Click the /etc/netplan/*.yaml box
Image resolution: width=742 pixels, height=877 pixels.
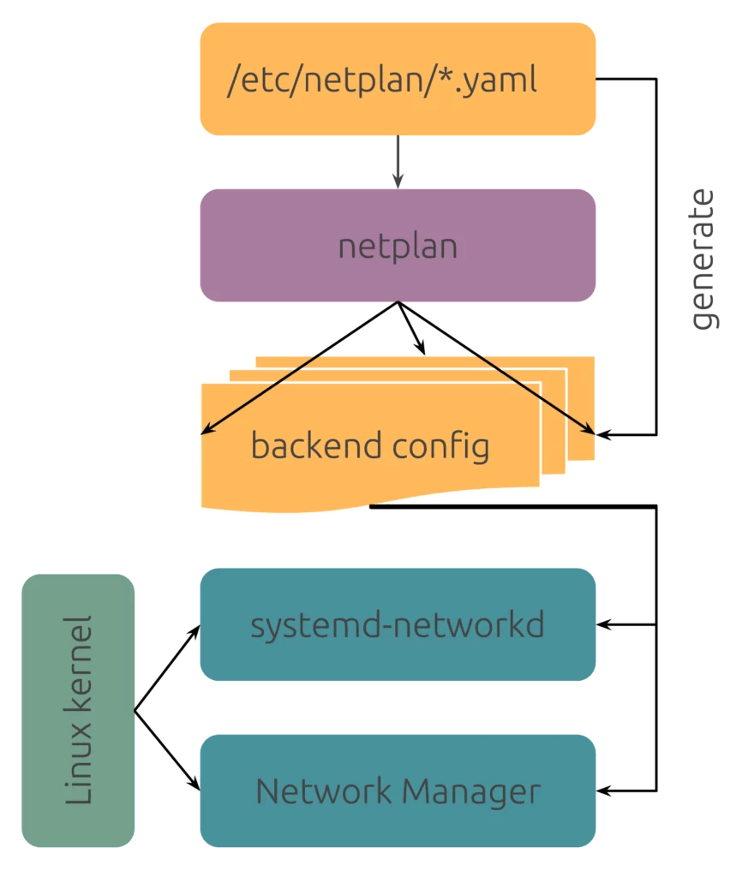click(398, 80)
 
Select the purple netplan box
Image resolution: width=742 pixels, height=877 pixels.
click(398, 246)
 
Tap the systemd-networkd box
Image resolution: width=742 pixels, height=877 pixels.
click(398, 624)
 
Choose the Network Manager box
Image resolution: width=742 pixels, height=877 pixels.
click(398, 790)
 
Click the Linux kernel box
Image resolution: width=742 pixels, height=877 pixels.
click(78, 710)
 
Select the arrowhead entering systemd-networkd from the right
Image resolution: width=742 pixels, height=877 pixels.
click(603, 624)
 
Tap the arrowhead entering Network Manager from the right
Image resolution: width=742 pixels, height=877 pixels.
click(603, 790)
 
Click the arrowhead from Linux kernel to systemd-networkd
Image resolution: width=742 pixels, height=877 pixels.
click(194, 630)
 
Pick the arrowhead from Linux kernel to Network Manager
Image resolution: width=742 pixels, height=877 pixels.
click(194, 785)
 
